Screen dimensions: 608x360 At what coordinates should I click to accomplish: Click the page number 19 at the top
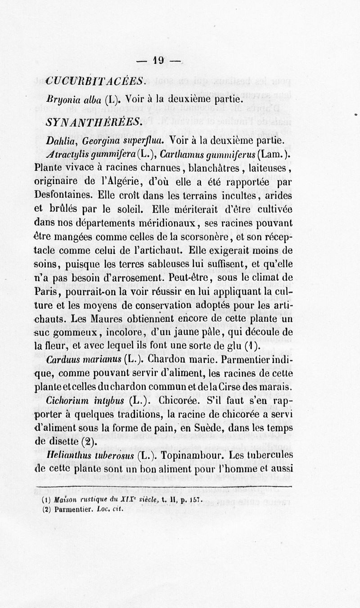coord(159,60)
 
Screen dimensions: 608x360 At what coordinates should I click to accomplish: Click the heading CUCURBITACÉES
coord(95,81)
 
